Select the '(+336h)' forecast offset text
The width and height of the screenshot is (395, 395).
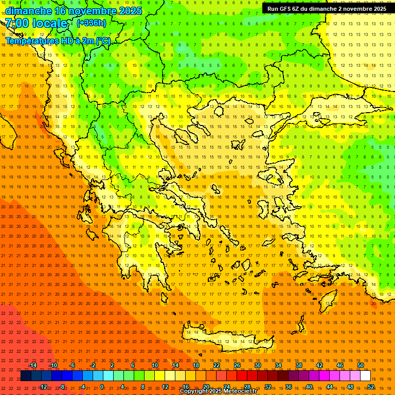92,23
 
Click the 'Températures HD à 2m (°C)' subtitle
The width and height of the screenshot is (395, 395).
58,41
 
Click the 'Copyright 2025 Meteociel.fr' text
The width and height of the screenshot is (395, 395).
218,391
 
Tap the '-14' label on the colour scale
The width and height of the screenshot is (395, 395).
32,365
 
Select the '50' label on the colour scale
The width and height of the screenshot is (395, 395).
360,365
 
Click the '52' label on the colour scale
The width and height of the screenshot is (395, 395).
371,387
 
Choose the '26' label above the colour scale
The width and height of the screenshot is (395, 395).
237,365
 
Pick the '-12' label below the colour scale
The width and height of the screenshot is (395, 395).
43,387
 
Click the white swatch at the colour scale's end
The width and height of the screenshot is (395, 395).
365,376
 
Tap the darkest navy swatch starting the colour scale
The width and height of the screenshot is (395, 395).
26,376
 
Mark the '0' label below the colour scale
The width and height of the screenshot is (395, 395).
102,387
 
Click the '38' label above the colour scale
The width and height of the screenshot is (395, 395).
299,365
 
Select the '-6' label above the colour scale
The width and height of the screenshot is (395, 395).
72,365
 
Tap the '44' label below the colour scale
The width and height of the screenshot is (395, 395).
330,387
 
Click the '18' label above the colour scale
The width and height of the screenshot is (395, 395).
196,365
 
